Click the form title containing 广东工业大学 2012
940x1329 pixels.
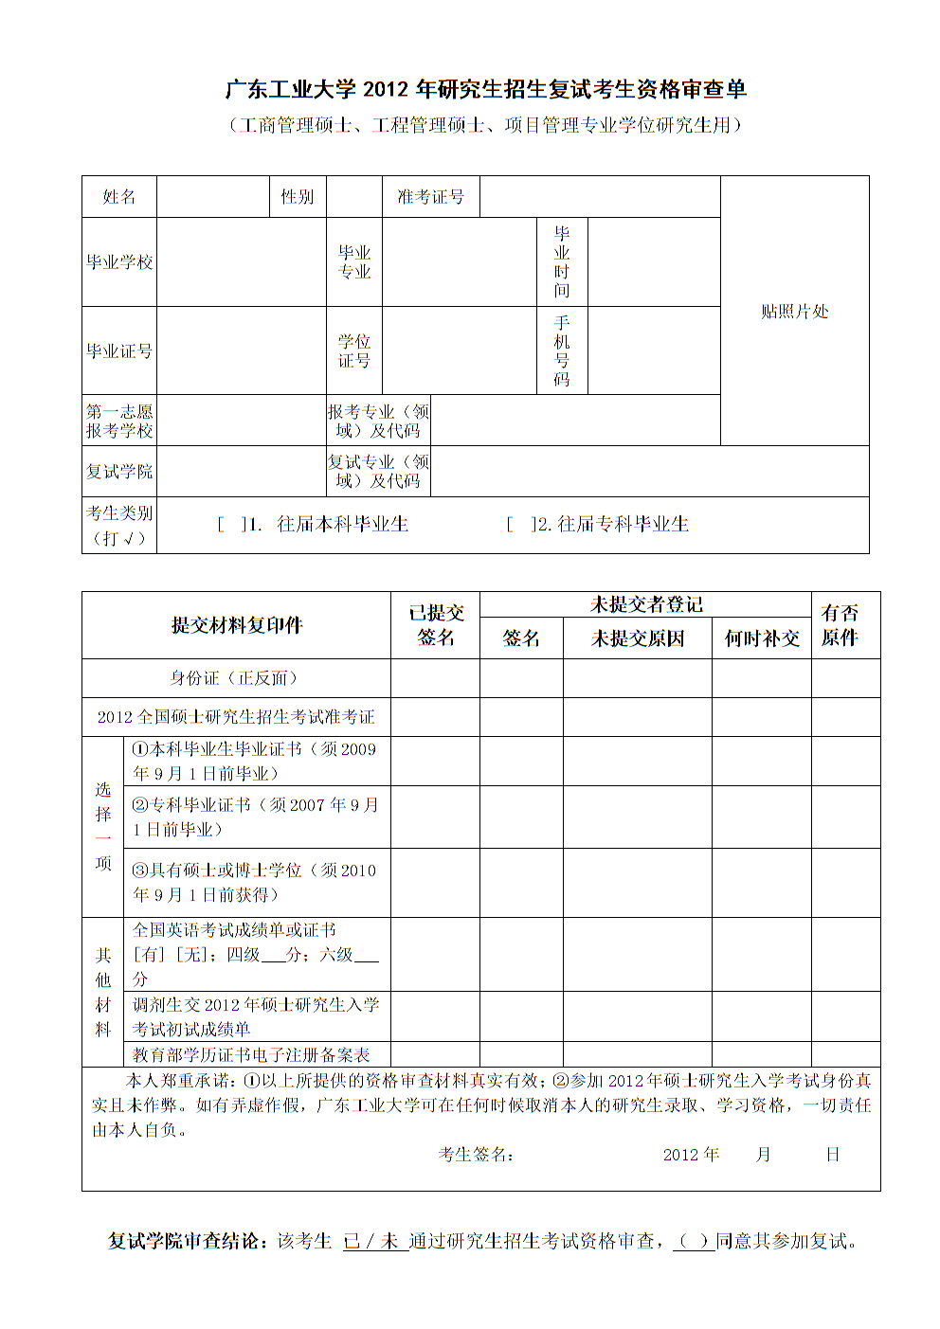[485, 89]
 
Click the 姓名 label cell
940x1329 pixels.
[119, 197]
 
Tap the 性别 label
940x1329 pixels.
[297, 197]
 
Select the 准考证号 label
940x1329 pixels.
[430, 197]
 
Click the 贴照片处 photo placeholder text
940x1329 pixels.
[794, 312]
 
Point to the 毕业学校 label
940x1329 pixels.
[119, 262]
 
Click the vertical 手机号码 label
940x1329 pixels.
[562, 350]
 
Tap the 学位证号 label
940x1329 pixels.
[354, 350]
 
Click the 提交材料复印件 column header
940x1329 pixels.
[236, 625]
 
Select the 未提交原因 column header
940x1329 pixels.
[637, 638]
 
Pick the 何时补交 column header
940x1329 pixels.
[762, 638]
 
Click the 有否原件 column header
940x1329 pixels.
[840, 625]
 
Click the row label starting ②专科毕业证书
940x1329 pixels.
[255, 817]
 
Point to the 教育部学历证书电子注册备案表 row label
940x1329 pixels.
[251, 1054]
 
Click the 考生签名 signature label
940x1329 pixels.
[476, 1154]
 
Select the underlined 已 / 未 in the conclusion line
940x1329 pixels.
[371, 1241]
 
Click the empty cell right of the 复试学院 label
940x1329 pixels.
[241, 472]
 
